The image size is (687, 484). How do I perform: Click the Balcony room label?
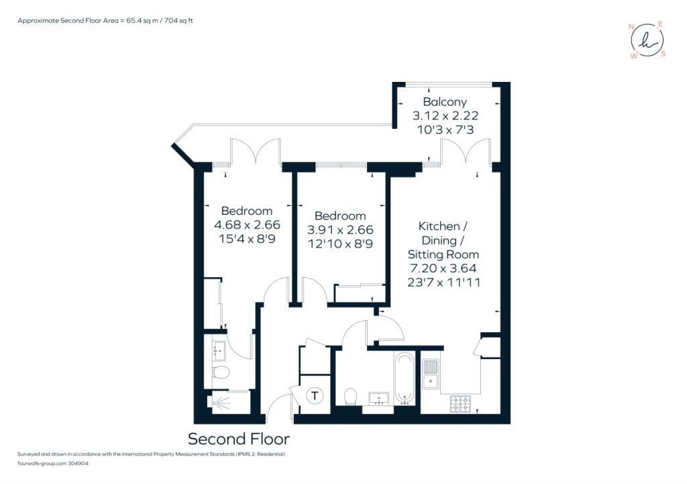click(445, 102)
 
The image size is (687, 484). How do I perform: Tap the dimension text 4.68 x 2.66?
click(247, 225)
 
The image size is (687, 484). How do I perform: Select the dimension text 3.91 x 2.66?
click(340, 230)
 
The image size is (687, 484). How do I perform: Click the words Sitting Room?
click(443, 254)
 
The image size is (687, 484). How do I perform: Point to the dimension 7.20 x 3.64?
click(443, 269)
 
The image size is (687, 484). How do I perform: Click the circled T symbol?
click(315, 396)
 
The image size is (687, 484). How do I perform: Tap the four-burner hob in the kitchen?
click(460, 403)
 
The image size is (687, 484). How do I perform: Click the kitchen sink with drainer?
click(431, 374)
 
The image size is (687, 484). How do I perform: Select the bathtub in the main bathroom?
click(404, 379)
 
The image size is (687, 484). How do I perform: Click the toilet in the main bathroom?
click(350, 397)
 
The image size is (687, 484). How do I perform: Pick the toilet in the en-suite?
click(221, 372)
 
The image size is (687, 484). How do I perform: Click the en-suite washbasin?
click(218, 351)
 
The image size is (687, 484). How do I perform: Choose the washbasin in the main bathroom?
click(378, 399)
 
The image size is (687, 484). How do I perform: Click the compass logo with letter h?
click(648, 40)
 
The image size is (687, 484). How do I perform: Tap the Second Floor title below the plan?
click(239, 439)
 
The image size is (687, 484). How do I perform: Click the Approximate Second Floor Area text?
click(105, 21)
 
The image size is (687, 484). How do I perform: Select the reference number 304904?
click(78, 463)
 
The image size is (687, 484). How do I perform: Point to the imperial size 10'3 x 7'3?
click(445, 130)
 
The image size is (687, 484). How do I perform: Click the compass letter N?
click(631, 27)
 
